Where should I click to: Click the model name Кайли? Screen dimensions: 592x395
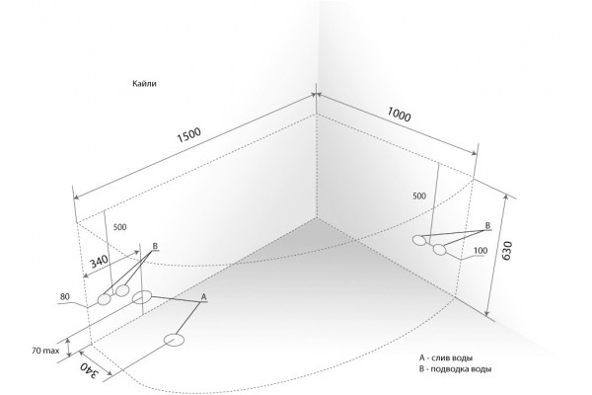pos(144,84)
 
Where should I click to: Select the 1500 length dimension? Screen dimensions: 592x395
pos(189,135)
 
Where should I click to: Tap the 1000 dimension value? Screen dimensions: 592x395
pos(399,115)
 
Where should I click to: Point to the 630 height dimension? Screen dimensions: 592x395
pos(507,250)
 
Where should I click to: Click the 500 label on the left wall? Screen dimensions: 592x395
pos(119,227)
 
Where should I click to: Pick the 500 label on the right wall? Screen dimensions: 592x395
pos(419,196)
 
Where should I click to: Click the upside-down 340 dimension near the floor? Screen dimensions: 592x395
pos(89,371)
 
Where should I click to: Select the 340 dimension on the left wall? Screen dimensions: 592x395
pos(99,261)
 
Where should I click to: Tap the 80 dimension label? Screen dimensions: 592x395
pos(64,297)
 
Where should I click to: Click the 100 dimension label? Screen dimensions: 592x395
pos(481,251)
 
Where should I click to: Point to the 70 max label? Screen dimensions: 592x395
pos(45,351)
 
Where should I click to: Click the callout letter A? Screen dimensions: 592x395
pos(203,297)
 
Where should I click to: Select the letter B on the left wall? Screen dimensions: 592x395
pos(155,246)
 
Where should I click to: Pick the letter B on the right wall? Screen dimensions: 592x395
pos(487,226)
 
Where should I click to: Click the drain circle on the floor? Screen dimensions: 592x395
pos(174,340)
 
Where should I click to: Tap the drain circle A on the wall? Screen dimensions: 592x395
pos(142,297)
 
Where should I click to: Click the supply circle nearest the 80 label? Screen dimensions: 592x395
pos(104,299)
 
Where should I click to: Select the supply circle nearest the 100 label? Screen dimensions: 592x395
pos(439,250)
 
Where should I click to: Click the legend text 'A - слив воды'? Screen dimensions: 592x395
pos(446,357)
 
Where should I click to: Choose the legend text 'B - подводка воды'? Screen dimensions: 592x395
pos(455,369)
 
